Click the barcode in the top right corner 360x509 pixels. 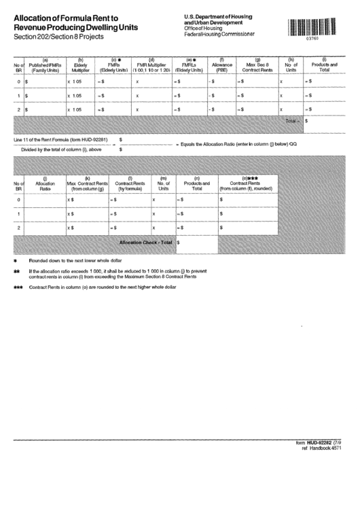pyautogui.click(x=312, y=27)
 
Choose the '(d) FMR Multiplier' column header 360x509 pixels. pyautogui.click(x=151, y=66)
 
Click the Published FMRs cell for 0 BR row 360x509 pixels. pyautogui.click(x=45, y=82)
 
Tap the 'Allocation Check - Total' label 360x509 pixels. pyautogui.click(x=145, y=241)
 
